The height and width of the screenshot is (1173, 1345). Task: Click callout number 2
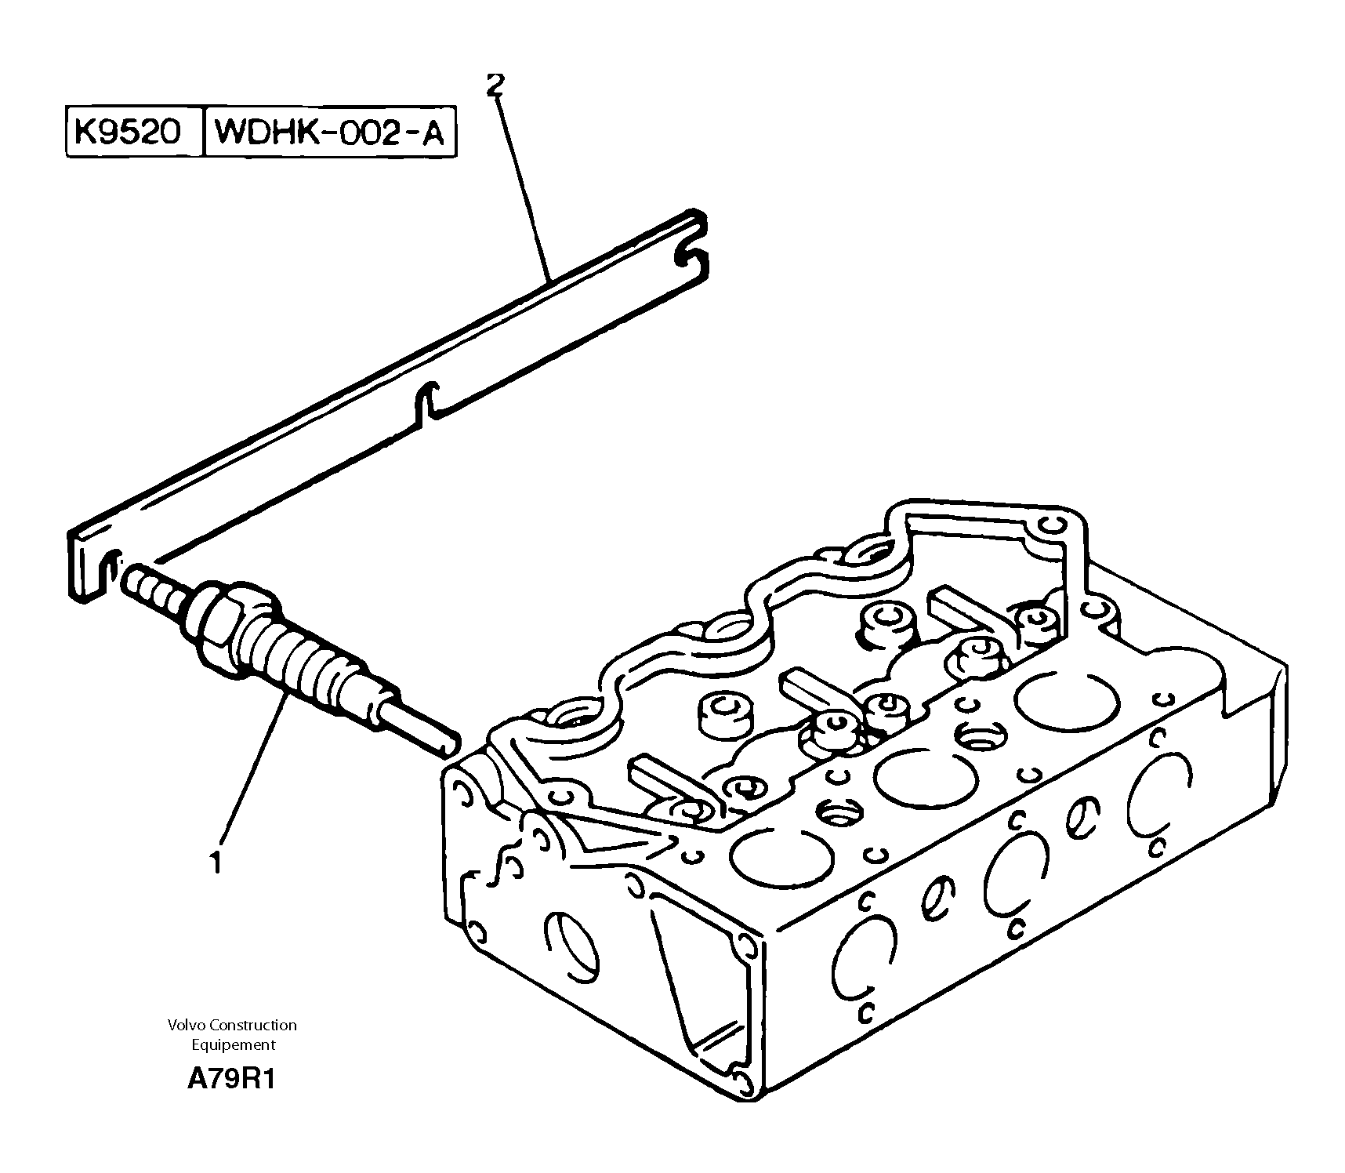click(x=494, y=85)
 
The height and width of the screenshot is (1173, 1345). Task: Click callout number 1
click(x=215, y=862)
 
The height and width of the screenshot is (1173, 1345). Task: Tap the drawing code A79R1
click(x=231, y=1080)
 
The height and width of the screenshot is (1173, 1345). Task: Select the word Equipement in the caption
click(x=234, y=1044)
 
